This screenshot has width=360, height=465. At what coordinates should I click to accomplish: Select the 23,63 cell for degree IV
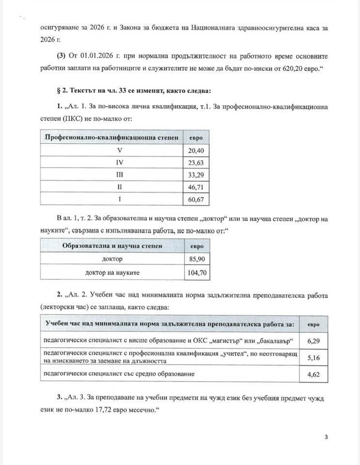[197, 162]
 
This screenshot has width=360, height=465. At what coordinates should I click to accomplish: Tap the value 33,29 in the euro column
[197, 174]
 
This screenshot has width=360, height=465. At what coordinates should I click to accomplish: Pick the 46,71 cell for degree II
[197, 186]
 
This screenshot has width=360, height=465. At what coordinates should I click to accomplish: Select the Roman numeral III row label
[112, 174]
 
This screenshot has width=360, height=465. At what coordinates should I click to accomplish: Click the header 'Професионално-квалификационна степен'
[112, 138]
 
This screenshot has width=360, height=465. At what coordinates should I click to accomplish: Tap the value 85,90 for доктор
[197, 260]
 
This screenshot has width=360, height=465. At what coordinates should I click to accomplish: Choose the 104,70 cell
[197, 273]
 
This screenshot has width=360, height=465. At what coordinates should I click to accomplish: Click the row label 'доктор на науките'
[112, 273]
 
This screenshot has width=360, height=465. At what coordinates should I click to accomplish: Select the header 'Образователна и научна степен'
[112, 246]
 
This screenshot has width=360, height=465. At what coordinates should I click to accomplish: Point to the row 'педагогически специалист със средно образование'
[119, 374]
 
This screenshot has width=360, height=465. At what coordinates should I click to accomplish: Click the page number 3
[326, 437]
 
